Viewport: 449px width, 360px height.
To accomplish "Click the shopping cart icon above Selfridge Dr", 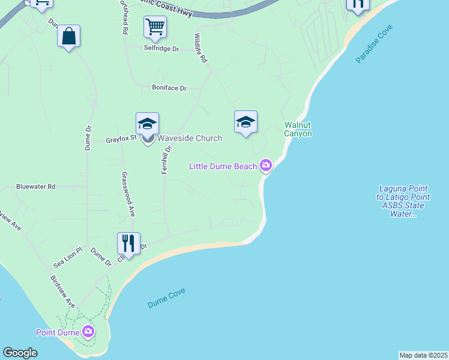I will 155,26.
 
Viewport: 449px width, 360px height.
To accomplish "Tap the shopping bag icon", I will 69,36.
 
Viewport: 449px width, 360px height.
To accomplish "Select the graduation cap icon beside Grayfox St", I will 147,123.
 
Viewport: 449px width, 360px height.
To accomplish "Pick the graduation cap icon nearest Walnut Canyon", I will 246,122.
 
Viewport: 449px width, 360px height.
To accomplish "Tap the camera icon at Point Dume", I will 88,331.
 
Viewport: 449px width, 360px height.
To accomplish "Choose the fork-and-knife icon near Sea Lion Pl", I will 128,243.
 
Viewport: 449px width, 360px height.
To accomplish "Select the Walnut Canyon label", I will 298,130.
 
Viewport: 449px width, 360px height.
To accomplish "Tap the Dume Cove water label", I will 166,298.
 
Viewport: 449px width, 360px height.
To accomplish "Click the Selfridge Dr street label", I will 161,49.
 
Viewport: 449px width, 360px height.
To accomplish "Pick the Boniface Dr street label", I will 169,88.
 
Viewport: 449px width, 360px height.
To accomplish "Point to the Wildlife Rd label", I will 200,48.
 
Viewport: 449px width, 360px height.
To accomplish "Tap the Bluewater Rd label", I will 36,187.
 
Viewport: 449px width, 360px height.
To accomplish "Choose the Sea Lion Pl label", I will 67,258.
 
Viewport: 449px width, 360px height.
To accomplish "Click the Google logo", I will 20,353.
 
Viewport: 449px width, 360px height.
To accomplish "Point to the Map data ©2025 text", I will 423,355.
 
